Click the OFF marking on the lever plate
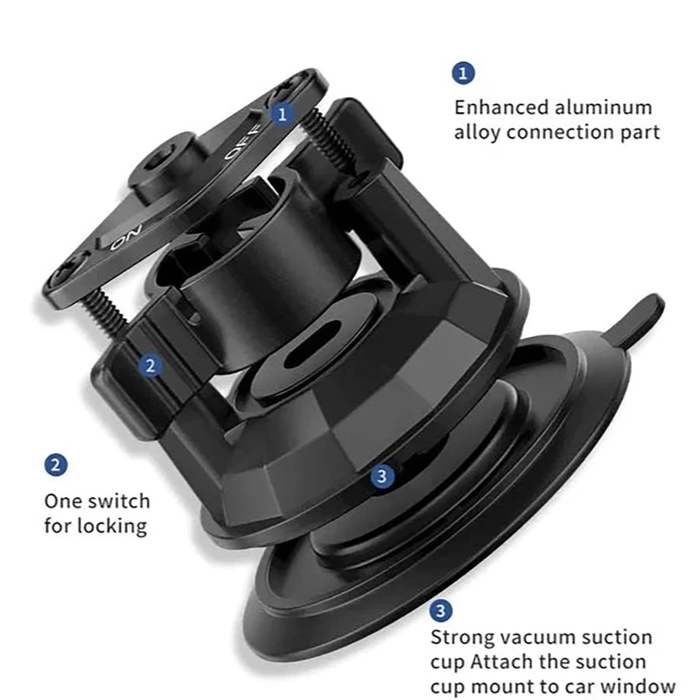[241, 141]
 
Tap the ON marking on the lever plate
[126, 237]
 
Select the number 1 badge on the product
[282, 115]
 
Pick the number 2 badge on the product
[150, 366]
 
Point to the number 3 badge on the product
[382, 476]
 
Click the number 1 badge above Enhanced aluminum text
[464, 73]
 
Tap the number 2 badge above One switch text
[56, 465]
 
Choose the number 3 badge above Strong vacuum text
[441, 610]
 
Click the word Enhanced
[501, 108]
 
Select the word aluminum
[603, 108]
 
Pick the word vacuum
[536, 637]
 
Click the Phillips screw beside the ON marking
[67, 272]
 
